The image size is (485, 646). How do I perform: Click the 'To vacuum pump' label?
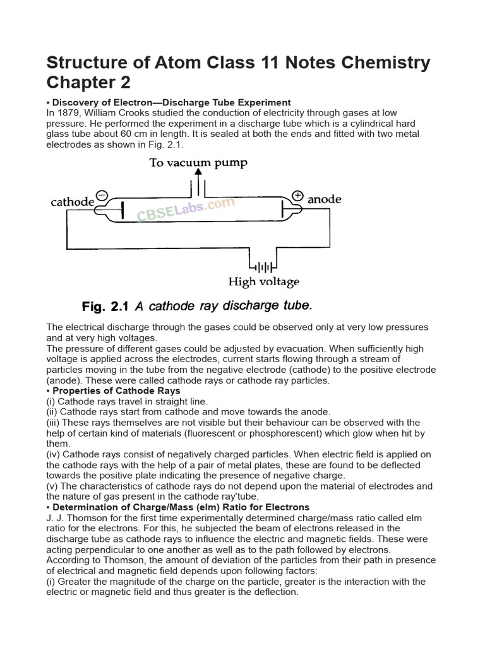[x=198, y=163]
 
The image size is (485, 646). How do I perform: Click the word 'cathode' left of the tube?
[x=72, y=203]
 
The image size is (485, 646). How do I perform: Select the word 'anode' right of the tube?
[x=325, y=199]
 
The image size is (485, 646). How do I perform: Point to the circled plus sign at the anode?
[x=297, y=195]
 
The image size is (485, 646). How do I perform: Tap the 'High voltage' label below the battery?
[x=263, y=282]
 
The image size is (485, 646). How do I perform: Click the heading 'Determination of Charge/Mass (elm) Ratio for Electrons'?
[x=181, y=507]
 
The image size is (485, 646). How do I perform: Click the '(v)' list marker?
[x=53, y=486]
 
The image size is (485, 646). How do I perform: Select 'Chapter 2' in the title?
[x=90, y=84]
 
